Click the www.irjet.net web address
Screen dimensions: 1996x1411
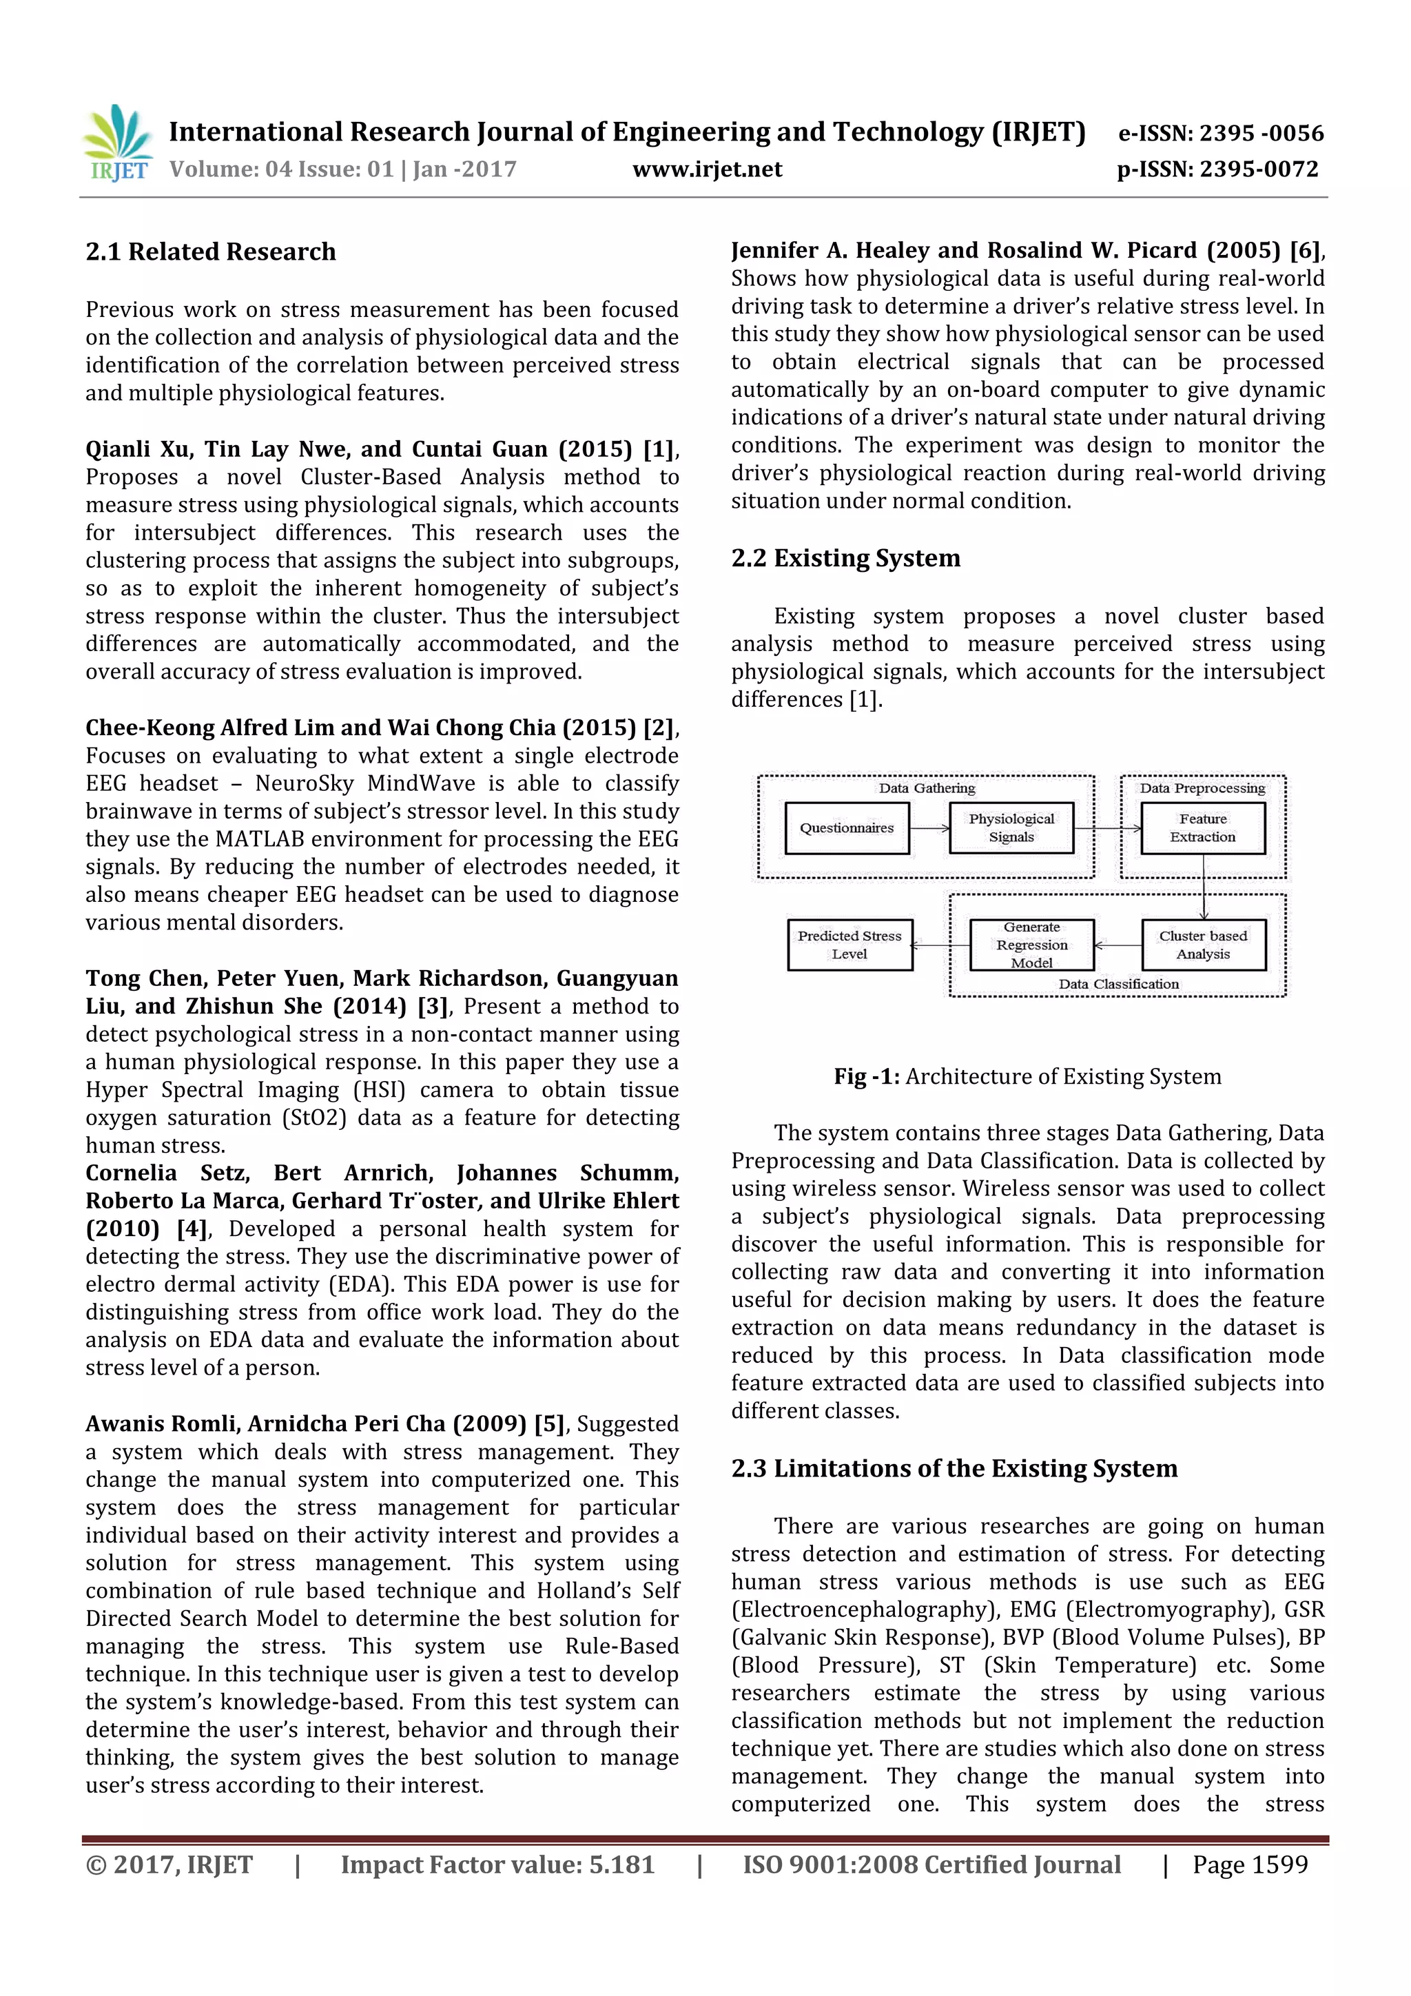point(707,169)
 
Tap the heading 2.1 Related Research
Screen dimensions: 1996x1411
point(210,252)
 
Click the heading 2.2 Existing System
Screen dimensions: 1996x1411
point(845,558)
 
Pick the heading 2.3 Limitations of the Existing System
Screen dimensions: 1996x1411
point(954,1468)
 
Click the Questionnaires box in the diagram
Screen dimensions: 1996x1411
point(847,828)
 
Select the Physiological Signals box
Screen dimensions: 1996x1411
point(1011,828)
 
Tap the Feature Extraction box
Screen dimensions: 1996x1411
point(1202,828)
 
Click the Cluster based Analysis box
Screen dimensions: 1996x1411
point(1202,945)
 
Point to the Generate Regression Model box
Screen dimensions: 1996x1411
point(1031,945)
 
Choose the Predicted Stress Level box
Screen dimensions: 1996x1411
point(849,945)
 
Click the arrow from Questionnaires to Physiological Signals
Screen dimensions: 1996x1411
point(929,828)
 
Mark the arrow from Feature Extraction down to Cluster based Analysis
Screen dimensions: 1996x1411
point(1203,887)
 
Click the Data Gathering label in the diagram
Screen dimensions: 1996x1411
point(926,788)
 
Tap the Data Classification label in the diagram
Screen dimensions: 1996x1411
point(1118,984)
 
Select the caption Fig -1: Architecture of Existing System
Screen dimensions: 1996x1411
point(1027,1076)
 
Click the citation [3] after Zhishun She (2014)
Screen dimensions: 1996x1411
point(432,1007)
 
